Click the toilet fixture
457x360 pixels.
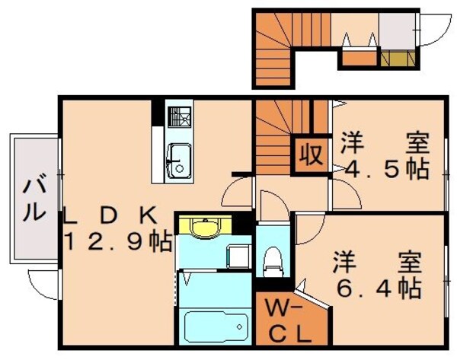(271, 262)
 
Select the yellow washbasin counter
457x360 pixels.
(203, 228)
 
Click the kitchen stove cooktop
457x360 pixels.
(180, 119)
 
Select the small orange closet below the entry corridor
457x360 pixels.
(355, 57)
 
